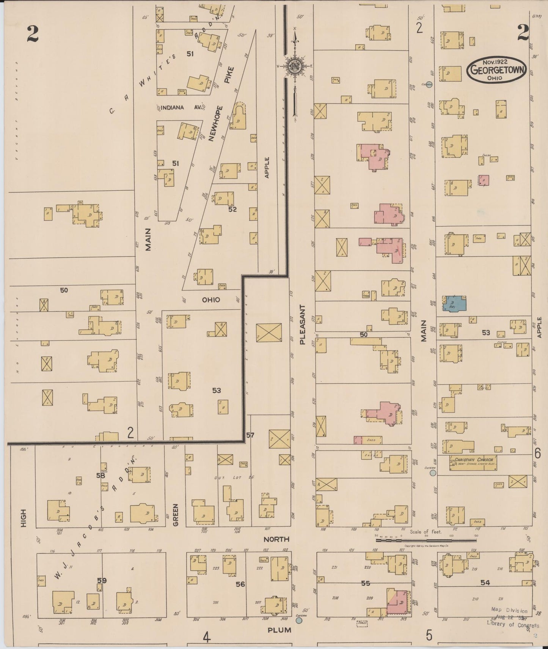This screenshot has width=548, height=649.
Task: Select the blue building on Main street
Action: click(455, 303)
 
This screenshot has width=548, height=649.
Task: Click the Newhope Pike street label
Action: click(221, 104)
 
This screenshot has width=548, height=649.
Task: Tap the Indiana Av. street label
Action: click(177, 108)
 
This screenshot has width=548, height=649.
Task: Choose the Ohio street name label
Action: click(211, 300)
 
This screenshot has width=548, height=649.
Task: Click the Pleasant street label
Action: click(302, 324)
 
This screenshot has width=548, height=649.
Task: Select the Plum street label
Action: click(279, 630)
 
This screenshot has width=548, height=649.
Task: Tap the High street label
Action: click(24, 518)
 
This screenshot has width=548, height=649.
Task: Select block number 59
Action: click(102, 580)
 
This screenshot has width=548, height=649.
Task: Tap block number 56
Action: click(240, 584)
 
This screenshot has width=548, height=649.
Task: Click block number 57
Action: click(250, 435)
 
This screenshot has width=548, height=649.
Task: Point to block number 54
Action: click(485, 582)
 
